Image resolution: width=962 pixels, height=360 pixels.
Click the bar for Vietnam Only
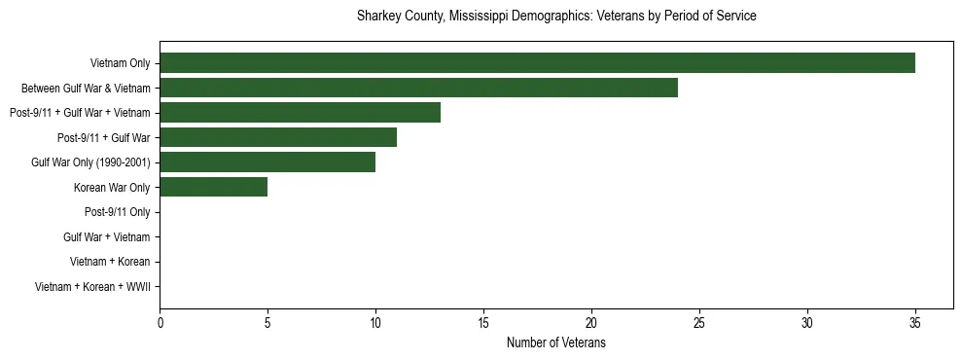coord(537,63)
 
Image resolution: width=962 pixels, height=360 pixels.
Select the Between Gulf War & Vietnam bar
coord(418,88)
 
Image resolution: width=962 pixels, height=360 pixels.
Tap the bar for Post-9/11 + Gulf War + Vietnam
coord(300,113)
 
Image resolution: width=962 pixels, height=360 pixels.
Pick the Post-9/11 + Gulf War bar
coord(278,137)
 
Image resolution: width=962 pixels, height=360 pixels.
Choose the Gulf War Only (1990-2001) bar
coord(267,162)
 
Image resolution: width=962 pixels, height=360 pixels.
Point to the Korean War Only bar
coord(213,187)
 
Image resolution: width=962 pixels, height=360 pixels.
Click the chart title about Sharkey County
coord(556,17)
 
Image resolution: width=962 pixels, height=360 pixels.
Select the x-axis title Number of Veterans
coord(556,342)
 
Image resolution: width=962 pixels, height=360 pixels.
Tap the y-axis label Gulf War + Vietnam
coord(106,236)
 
